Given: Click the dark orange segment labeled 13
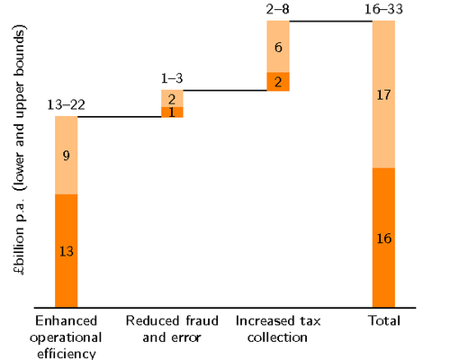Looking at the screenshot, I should coord(66,251).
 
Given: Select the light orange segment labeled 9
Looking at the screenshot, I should coord(66,155).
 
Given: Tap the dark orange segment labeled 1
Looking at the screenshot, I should coord(172,112).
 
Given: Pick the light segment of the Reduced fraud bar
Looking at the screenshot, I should coord(172,98).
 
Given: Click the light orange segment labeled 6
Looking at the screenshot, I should coord(278,46).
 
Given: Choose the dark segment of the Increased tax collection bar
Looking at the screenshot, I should coord(278,81).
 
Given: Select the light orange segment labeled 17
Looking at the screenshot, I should coord(383,94).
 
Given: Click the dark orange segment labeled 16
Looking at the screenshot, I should coord(383,238).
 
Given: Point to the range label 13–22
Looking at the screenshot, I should coord(66,105).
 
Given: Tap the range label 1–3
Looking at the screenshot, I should coord(172,79).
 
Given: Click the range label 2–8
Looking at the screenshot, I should coord(278,9).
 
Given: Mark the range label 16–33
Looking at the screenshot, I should coord(383,9).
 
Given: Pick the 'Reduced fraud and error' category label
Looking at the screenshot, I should coord(172,328).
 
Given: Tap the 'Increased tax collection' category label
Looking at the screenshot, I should coord(277,328).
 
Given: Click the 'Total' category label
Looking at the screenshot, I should coord(383,320).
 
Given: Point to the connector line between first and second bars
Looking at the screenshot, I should coord(119,117).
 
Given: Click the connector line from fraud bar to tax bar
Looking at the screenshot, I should coord(225,90).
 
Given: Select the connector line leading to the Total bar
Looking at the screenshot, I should coord(330,20).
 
